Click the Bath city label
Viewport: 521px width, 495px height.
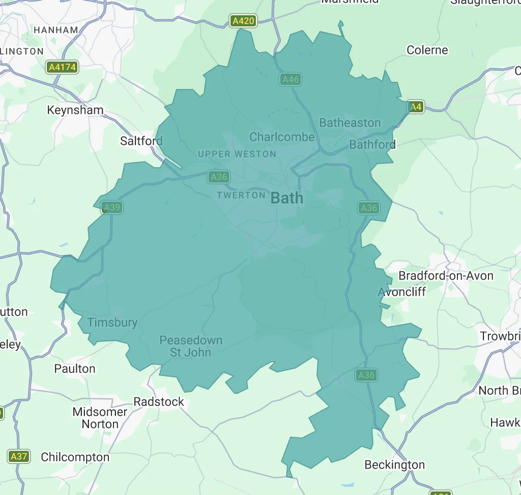[x=287, y=198]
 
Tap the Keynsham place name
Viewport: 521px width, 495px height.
[x=75, y=110]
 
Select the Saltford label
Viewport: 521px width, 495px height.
[x=141, y=141]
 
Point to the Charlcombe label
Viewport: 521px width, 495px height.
[x=282, y=137]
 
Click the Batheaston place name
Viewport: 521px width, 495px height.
[x=350, y=122]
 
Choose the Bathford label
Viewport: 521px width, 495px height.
[x=372, y=145]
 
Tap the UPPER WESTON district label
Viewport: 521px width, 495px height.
[x=237, y=154]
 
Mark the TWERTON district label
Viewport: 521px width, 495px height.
[x=241, y=195]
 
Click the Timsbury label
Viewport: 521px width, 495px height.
[x=112, y=322]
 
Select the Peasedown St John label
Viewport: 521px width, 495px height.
[x=191, y=346]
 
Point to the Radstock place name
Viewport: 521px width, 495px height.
[x=159, y=401]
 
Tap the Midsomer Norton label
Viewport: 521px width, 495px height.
[x=100, y=418]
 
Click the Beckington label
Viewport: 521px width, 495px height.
[x=395, y=465]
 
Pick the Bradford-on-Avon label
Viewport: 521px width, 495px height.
[x=446, y=276]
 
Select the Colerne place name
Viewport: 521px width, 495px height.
[x=427, y=50]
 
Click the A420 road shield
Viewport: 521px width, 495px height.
[x=243, y=21]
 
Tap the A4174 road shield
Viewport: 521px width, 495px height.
[x=62, y=67]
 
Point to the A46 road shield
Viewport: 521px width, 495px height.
[x=291, y=79]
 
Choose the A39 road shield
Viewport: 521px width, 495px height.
[x=111, y=207]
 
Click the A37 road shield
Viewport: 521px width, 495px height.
[x=19, y=456]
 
